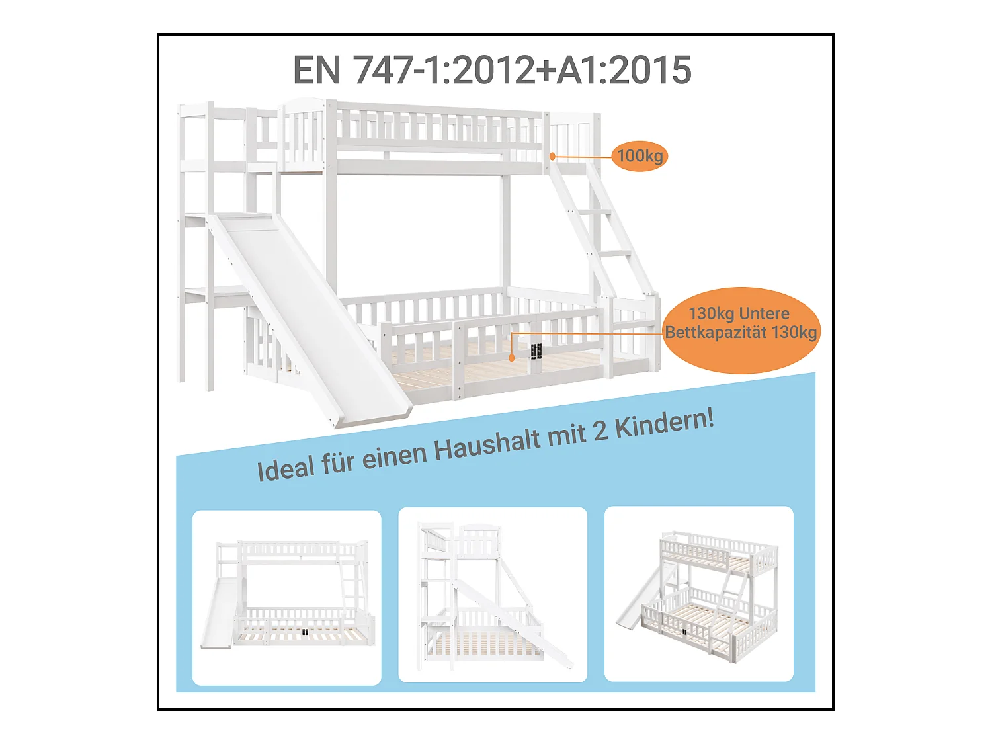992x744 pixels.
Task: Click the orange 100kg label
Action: click(640, 156)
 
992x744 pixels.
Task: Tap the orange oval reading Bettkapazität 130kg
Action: click(741, 331)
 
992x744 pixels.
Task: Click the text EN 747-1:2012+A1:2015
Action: click(492, 70)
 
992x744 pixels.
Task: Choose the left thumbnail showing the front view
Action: click(286, 597)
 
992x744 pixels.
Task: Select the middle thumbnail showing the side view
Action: click(493, 595)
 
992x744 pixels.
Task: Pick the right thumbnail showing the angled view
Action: click(699, 593)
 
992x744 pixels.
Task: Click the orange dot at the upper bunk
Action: click(552, 157)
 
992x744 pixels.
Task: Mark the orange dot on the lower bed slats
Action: click(511, 358)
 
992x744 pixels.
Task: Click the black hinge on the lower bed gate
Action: click(536, 351)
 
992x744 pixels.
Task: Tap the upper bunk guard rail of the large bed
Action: click(436, 129)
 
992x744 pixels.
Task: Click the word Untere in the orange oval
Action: click(765, 313)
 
